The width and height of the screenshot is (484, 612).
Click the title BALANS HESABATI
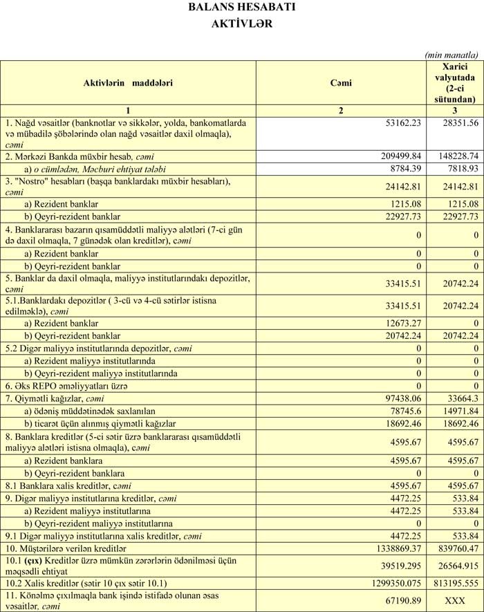(x=241, y=8)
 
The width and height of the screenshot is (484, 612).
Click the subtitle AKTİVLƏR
(x=241, y=23)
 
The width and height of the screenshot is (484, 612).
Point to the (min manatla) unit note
(x=452, y=55)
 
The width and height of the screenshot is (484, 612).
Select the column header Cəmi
(x=341, y=83)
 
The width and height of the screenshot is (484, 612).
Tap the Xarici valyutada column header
(x=454, y=83)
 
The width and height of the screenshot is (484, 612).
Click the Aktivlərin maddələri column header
(x=128, y=83)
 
